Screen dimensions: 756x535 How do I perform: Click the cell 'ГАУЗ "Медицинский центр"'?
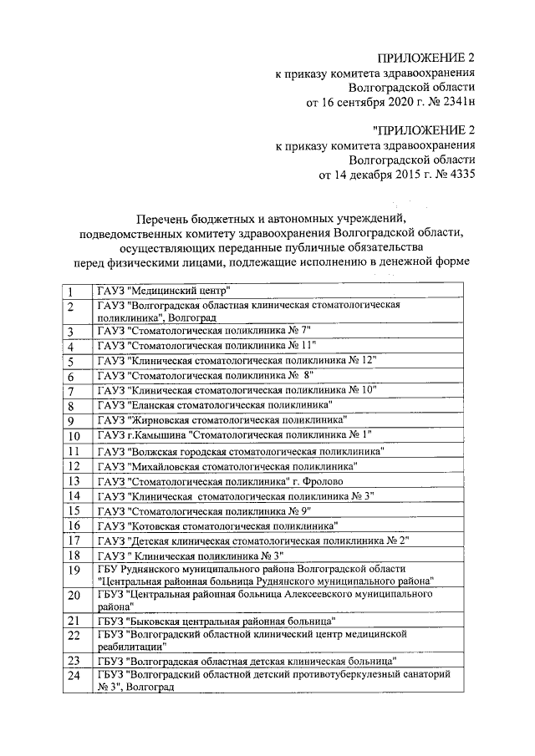coord(163,292)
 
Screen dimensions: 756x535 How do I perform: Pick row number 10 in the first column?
coord(74,435)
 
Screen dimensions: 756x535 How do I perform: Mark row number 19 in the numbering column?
coord(74,571)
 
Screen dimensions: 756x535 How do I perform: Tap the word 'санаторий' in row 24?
coord(425,673)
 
